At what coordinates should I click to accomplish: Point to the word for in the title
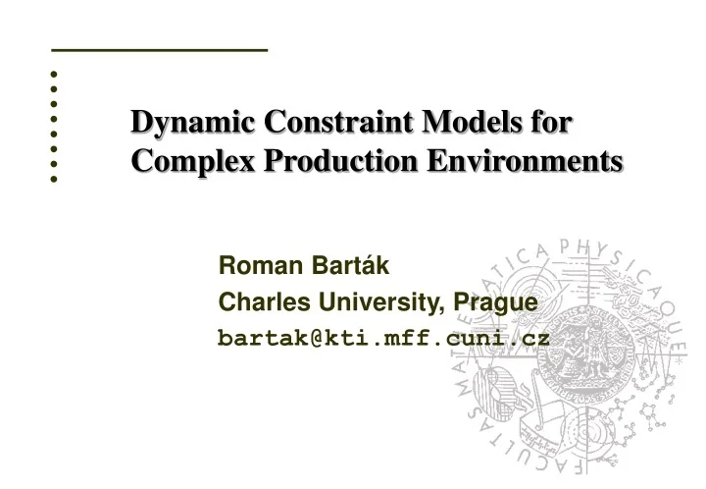[551, 124]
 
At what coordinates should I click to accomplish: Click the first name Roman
[254, 265]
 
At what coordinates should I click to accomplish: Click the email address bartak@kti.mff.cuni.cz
[383, 339]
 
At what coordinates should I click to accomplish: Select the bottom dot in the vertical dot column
[55, 180]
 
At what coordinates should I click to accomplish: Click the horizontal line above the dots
[159, 49]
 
